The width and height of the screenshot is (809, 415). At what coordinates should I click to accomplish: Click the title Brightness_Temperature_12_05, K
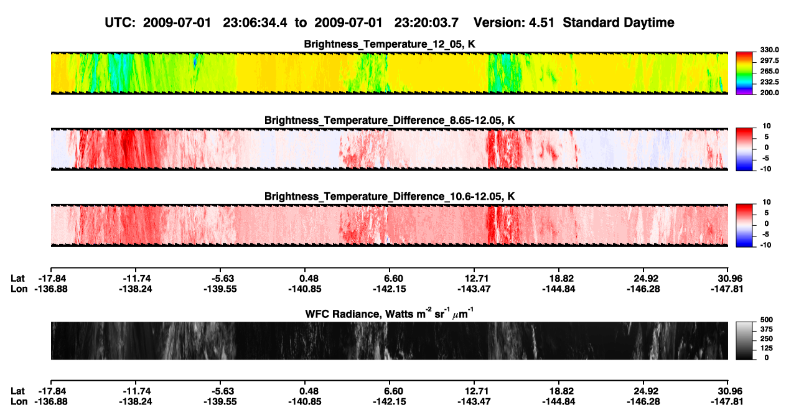[x=390, y=44]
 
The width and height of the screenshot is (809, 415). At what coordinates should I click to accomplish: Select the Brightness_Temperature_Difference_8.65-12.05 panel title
[x=390, y=120]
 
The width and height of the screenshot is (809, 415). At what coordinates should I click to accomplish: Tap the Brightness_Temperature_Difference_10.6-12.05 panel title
[x=390, y=197]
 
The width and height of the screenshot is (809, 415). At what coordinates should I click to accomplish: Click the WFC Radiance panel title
[x=390, y=314]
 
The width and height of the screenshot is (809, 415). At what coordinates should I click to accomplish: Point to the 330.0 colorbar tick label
[x=769, y=50]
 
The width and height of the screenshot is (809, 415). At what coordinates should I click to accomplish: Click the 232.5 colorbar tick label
[x=769, y=82]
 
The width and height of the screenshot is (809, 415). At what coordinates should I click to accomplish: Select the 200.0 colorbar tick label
[x=769, y=93]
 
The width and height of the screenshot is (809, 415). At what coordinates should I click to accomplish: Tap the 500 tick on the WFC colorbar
[x=767, y=320]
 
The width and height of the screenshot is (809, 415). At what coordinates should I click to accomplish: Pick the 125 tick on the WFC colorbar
[x=766, y=348]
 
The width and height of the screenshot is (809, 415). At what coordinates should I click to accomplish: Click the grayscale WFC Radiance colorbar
[x=744, y=340]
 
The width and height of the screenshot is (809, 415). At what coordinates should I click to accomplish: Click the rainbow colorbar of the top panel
[x=744, y=73]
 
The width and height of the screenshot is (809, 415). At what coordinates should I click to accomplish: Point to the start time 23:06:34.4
[x=255, y=23]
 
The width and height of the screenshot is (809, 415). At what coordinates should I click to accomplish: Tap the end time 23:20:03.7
[x=426, y=23]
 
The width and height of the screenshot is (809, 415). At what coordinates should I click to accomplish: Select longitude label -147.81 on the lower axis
[x=727, y=402]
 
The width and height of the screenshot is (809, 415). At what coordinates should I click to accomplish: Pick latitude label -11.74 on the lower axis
[x=137, y=391]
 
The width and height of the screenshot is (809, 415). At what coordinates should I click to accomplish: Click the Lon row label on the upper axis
[x=19, y=289]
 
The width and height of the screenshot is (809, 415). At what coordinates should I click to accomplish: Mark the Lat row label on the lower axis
[x=17, y=391]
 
